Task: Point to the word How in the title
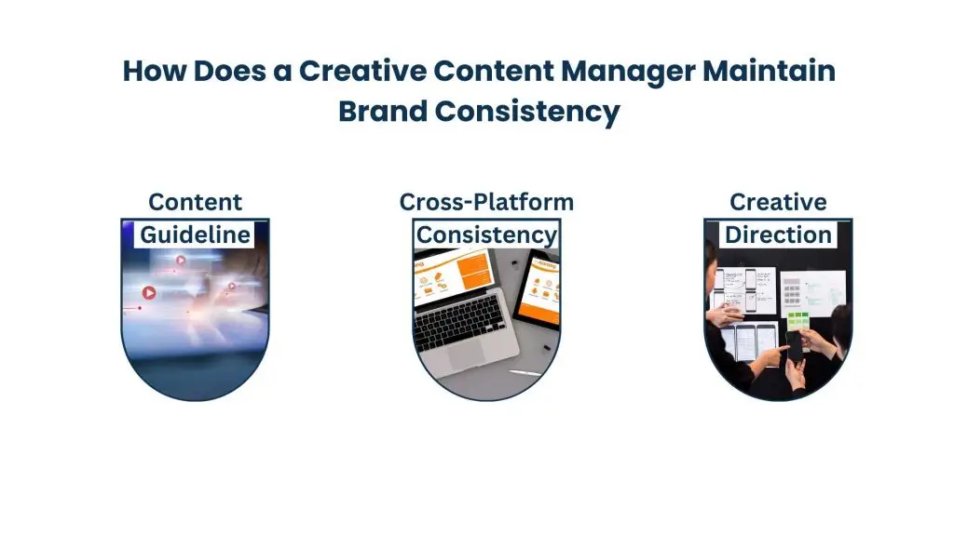(154, 72)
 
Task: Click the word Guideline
(195, 234)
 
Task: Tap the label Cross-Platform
(486, 202)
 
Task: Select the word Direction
(778, 234)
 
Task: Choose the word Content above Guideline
(195, 202)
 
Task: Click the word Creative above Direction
(778, 202)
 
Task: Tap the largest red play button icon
(148, 292)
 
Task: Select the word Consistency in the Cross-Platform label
(486, 234)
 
